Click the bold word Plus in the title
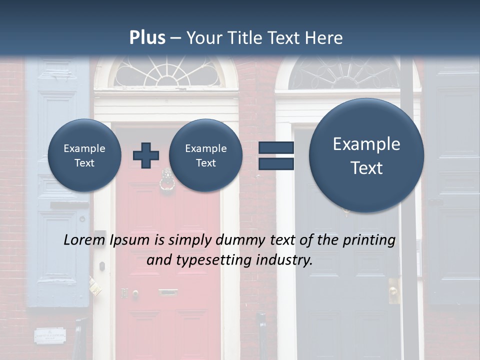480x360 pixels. tap(147, 38)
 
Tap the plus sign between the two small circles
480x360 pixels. tap(146, 155)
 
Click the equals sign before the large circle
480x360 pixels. tap(276, 155)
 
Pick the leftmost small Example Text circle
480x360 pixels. tap(84, 155)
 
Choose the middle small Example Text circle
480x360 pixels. tap(206, 155)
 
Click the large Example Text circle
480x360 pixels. tap(366, 155)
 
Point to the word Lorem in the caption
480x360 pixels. tap(85, 240)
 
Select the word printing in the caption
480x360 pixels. tap(369, 240)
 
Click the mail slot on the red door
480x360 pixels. tap(168, 291)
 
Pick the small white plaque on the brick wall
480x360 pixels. tap(50, 335)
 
